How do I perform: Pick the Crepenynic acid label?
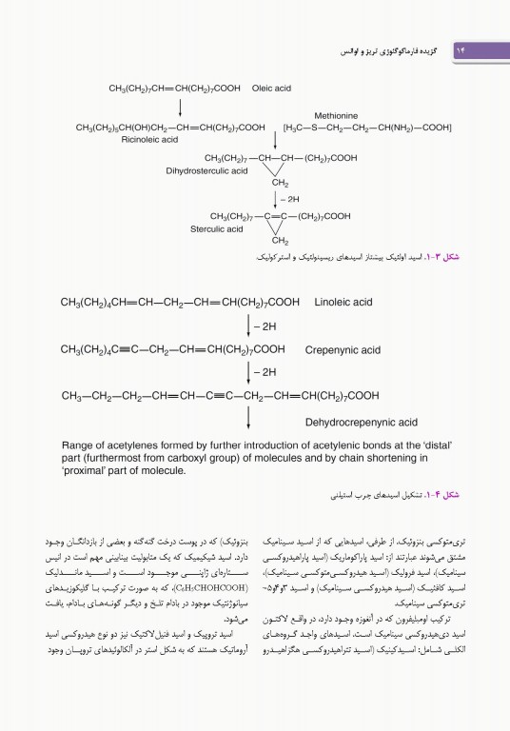pyautogui.click(x=343, y=349)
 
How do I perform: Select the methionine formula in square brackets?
pyautogui.click(x=366, y=127)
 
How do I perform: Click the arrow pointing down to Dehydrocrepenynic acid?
pyautogui.click(x=248, y=417)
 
